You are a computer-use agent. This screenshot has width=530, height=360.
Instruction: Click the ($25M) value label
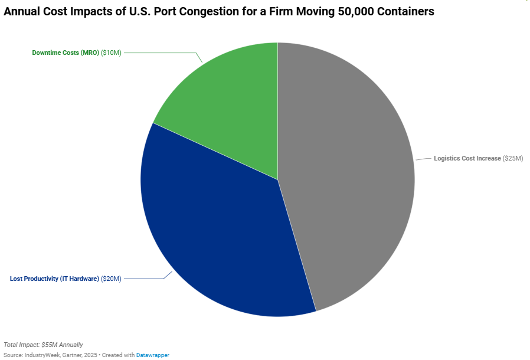[x=513, y=159]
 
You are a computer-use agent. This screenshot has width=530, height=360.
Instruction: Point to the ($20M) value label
[x=111, y=279]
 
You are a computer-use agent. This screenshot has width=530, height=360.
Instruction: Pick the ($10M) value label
[x=111, y=53]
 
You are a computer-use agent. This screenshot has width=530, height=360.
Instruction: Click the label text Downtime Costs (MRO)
[x=66, y=53]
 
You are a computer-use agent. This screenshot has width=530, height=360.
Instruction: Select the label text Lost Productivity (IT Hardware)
[x=54, y=279]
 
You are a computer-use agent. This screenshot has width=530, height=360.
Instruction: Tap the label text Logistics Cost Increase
[x=467, y=159]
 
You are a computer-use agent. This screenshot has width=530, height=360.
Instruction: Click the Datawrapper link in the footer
[x=153, y=355]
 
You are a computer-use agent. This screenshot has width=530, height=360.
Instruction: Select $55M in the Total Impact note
[x=50, y=345]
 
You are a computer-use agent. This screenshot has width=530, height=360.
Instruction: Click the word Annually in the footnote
[x=72, y=345]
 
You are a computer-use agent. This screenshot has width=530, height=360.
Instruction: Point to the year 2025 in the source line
[x=90, y=355]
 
